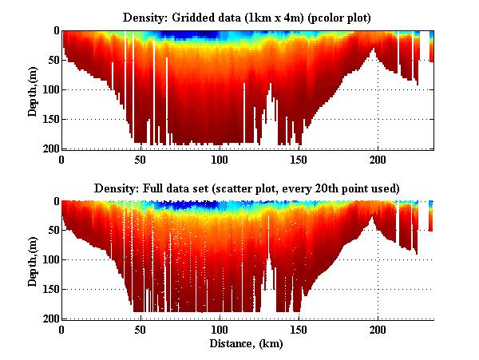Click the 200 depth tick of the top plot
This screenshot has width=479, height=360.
tap(49, 148)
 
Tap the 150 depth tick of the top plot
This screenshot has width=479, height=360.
tap(49, 119)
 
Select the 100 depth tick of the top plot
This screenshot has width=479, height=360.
tap(49, 89)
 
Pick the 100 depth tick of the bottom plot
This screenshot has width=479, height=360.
tap(49, 260)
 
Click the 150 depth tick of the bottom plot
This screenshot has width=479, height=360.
tap(49, 290)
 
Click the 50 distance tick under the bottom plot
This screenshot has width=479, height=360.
tap(141, 330)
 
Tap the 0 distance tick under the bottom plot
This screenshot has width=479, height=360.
tap(61, 330)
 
